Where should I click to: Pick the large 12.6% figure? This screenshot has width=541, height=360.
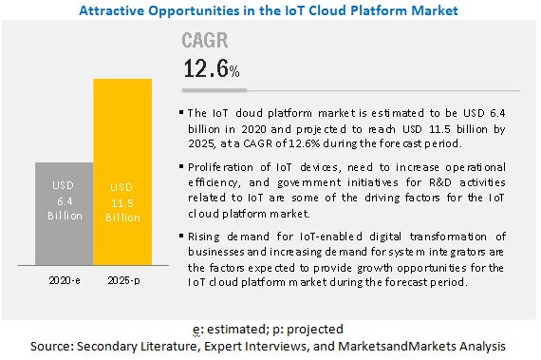tap(210, 68)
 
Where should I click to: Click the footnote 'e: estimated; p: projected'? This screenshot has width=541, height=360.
tap(269, 329)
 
